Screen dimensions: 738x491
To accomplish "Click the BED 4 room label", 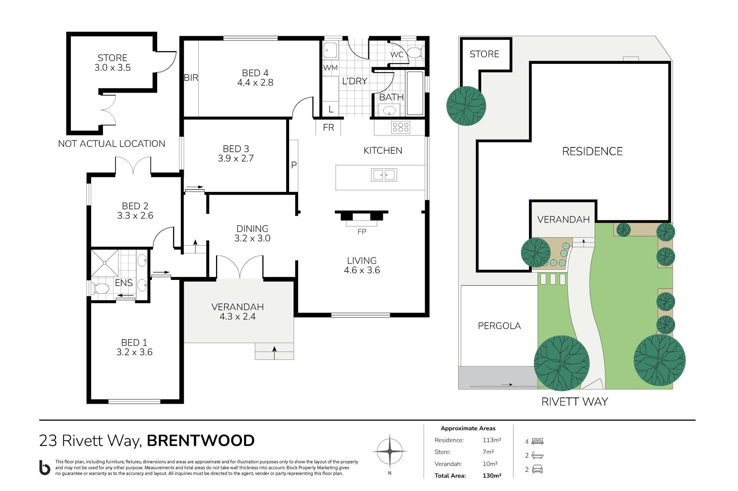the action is pos(255,73).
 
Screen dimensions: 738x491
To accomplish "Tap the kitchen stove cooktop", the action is pos(401,127).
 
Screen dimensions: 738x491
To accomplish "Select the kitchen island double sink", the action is pos(384,175).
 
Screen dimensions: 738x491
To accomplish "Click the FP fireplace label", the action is pos(362,231).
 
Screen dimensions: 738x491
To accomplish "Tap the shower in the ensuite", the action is pos(105,263).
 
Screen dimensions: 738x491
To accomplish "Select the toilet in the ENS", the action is pos(100,288).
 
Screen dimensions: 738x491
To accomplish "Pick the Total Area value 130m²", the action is pos(492,476).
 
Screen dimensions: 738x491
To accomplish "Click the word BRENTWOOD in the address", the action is pos(201,441).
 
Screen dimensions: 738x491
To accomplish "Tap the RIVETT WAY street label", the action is pos(575,402).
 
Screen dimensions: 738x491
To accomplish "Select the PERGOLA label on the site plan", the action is pos(499,326).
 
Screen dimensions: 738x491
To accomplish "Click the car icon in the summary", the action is pos(538,469).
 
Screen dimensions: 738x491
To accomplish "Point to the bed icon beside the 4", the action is pos(538,441).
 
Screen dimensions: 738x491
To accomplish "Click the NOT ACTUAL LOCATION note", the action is pos(111,144).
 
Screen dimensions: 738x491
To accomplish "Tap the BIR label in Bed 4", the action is pos(191,78).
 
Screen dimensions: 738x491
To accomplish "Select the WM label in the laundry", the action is pos(330,68).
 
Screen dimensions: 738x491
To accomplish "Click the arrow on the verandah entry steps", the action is pos(274,353).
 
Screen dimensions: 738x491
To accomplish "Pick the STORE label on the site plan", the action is pos(484,54).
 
